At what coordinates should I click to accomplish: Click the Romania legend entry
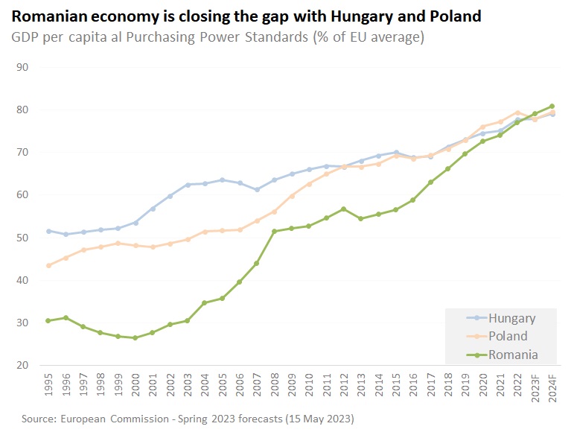(x=512, y=355)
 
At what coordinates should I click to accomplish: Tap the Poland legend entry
(x=508, y=336)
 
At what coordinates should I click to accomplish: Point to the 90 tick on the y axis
(x=22, y=67)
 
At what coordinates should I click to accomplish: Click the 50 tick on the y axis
(x=22, y=238)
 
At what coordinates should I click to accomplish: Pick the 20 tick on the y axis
(x=22, y=365)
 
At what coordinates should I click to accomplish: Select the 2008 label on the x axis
(x=275, y=387)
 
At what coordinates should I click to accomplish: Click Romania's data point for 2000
(x=135, y=337)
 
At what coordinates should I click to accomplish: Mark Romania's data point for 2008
(x=274, y=231)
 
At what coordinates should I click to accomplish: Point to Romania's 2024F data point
(x=552, y=106)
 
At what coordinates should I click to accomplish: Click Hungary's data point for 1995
(x=48, y=231)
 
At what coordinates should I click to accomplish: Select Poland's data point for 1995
(x=48, y=265)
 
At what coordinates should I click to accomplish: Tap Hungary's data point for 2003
(x=187, y=184)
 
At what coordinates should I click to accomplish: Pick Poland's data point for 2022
(x=517, y=112)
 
